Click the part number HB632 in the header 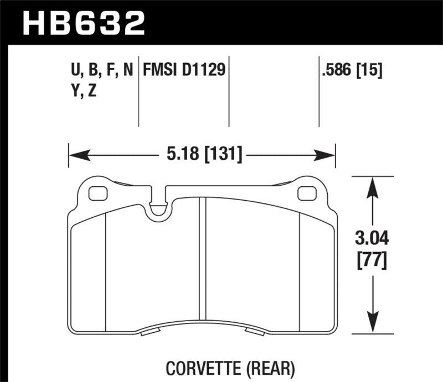(83, 24)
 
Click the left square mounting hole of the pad (97, 193)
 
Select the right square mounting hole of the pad (305, 193)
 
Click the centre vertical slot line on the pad (203, 265)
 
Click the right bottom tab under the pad (255, 332)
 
